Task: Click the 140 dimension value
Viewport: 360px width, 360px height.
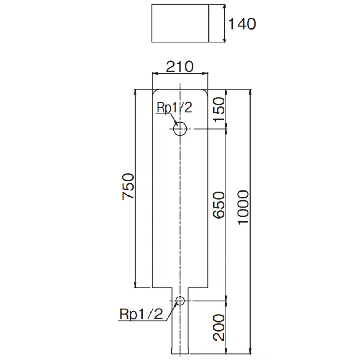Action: (x=242, y=24)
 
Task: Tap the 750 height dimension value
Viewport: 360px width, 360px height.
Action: (x=128, y=186)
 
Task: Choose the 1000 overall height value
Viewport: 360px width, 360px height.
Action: (x=243, y=207)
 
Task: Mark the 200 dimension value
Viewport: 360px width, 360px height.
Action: (x=219, y=327)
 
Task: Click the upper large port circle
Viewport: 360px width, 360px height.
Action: (x=180, y=129)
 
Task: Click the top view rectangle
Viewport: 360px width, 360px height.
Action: (x=180, y=24)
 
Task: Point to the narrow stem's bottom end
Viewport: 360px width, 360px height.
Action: (x=180, y=352)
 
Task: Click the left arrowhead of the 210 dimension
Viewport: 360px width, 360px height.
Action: (x=154, y=73)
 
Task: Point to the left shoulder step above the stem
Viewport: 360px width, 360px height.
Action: (x=162, y=288)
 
